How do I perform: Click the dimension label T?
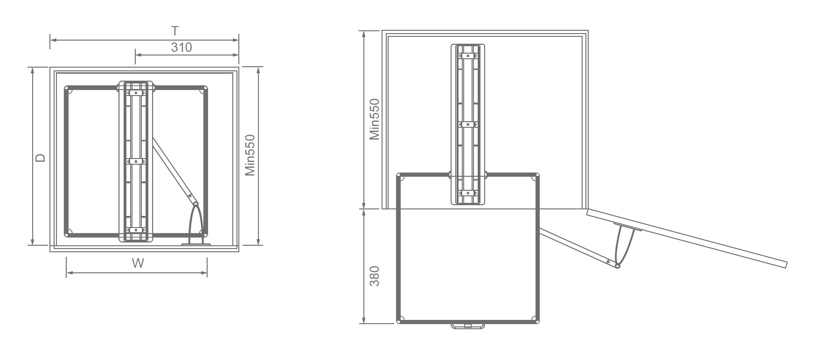tap(175, 31)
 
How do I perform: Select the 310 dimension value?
tap(181, 47)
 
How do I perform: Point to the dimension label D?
tap(41, 158)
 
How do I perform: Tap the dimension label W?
tap(138, 263)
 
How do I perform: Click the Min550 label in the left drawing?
tap(250, 155)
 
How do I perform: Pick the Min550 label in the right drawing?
tap(375, 119)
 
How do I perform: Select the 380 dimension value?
tap(374, 276)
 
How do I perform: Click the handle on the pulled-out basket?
tap(468, 325)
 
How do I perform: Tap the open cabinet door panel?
tap(687, 238)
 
